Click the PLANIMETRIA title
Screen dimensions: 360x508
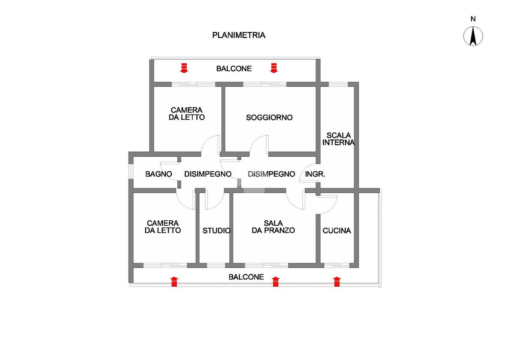[x=239, y=35]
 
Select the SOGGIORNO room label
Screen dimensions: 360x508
[x=269, y=118]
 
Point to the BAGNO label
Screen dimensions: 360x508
[x=158, y=174]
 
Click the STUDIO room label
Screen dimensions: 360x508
[x=216, y=231]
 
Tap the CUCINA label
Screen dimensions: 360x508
[x=337, y=231]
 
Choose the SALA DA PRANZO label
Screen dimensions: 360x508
[x=273, y=227]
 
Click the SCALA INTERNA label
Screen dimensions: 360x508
[x=338, y=139]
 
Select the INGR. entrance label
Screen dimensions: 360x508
[x=315, y=174]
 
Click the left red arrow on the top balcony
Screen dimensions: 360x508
[x=184, y=68]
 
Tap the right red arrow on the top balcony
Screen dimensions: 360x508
[x=273, y=68]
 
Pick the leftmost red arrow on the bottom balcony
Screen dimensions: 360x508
[x=174, y=282]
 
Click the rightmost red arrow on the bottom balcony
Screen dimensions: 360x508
[x=337, y=282]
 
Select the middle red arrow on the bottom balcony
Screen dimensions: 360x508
[x=276, y=282]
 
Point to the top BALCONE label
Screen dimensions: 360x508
[x=234, y=69]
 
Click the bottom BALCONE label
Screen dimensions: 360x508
[x=246, y=277]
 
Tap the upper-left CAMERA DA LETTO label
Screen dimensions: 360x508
[x=187, y=114]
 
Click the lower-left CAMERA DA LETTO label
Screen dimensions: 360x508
[x=163, y=227]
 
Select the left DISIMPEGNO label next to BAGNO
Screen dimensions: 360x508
[x=208, y=174]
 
